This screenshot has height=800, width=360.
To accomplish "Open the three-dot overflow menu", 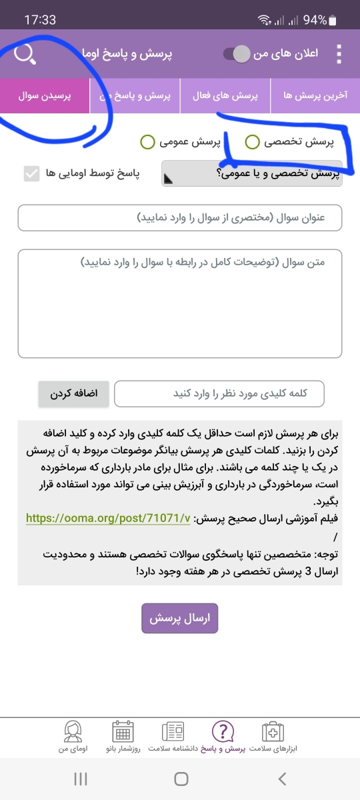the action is pyautogui.click(x=339, y=54).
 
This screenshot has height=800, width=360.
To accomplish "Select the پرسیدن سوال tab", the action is pyautogui.click(x=45, y=96).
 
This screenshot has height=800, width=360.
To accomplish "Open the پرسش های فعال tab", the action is pyautogui.click(x=225, y=96).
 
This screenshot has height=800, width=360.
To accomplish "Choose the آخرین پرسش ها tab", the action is pyautogui.click(x=315, y=96).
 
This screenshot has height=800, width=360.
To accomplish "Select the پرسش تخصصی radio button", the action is pyautogui.click(x=253, y=141).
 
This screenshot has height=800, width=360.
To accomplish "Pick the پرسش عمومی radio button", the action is pyautogui.click(x=147, y=141).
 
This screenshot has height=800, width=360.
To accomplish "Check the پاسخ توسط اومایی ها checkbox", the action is pyautogui.click(x=31, y=174).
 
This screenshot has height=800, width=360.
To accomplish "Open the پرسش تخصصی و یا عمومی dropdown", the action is pyautogui.click(x=252, y=174).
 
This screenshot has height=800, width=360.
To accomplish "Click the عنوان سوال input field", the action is pyautogui.click(x=180, y=218).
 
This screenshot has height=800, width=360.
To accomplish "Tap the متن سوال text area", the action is pyautogui.click(x=180, y=303).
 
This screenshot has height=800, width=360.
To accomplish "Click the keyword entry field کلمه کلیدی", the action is pyautogui.click(x=219, y=393).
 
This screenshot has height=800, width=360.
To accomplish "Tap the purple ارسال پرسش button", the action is pyautogui.click(x=180, y=618).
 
